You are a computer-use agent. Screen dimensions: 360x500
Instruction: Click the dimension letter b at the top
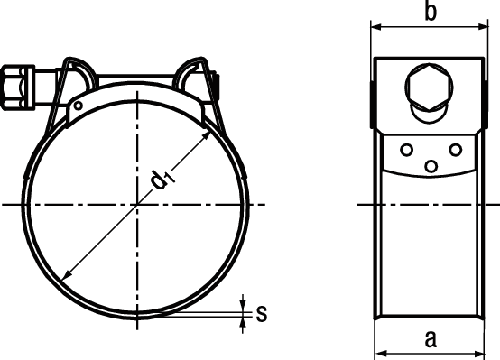431,13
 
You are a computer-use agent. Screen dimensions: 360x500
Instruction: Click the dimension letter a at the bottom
431,339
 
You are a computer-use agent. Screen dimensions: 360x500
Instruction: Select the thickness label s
261,313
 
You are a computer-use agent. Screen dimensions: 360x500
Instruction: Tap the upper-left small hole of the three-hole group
407,150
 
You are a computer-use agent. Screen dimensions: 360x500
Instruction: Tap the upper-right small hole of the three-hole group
455,149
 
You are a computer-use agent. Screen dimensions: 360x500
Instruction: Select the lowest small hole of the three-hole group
431,165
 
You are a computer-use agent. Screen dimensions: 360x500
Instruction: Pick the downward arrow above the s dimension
244,304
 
